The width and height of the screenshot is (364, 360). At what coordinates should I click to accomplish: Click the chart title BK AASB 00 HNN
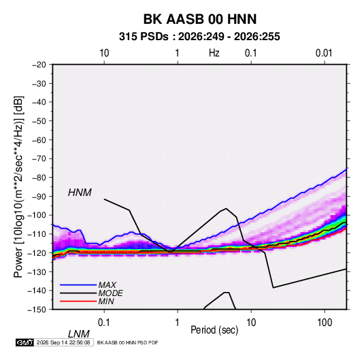pyautogui.click(x=200, y=19)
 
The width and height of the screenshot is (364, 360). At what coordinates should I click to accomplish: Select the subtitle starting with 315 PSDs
pyautogui.click(x=199, y=37)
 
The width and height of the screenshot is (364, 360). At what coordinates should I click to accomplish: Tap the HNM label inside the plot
pyautogui.click(x=80, y=193)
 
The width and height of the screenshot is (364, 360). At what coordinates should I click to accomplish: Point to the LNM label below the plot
pyautogui.click(x=79, y=334)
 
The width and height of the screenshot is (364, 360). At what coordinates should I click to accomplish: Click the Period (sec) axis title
pyautogui.click(x=214, y=330)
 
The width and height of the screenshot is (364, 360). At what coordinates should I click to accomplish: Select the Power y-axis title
pyautogui.click(x=18, y=186)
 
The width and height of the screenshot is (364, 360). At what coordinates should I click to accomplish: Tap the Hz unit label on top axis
pyautogui.click(x=214, y=53)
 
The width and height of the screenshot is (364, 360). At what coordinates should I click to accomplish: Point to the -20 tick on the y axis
pyautogui.click(x=39, y=65)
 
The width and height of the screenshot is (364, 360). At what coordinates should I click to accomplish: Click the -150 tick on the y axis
pyautogui.click(x=37, y=310)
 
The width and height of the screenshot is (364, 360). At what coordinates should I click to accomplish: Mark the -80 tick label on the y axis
pyautogui.click(x=39, y=178)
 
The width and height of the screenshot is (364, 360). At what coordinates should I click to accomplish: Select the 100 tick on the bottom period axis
pyautogui.click(x=325, y=322)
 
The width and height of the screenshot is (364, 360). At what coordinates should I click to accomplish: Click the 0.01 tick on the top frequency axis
pyautogui.click(x=324, y=53)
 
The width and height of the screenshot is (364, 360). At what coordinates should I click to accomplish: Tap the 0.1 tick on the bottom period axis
pyautogui.click(x=103, y=322)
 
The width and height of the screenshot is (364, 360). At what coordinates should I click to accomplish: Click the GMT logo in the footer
pyautogui.click(x=25, y=342)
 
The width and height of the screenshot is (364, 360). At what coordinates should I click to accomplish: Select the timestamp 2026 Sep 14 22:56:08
pyautogui.click(x=63, y=342)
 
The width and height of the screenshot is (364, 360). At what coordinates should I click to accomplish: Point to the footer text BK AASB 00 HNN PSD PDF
pyautogui.click(x=127, y=342)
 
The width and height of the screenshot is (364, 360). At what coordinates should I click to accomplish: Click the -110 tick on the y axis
pyautogui.click(x=37, y=234)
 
